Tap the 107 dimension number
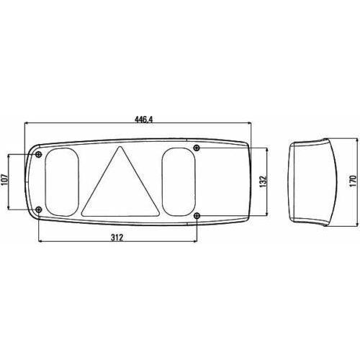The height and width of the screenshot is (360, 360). pyautogui.click(x=6, y=181)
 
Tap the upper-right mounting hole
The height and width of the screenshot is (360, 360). pyautogui.click(x=197, y=148)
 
